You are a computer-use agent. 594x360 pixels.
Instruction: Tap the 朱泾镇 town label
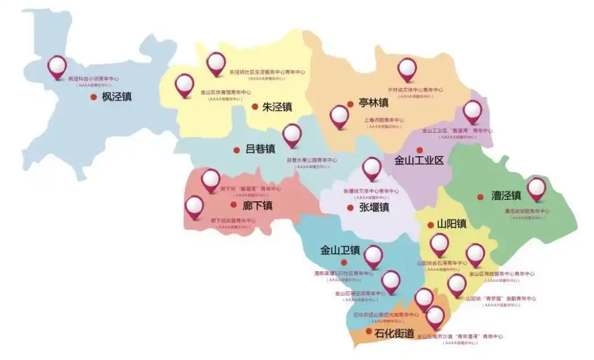(277, 107)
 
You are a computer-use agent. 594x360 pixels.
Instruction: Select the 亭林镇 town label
(373, 103)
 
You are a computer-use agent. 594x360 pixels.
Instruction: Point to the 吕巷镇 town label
(260, 150)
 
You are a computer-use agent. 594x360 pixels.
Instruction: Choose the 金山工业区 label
(419, 160)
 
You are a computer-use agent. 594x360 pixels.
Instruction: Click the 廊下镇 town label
(258, 205)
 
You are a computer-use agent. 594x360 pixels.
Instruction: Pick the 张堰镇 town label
(374, 207)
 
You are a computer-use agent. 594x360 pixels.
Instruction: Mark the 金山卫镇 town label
(340, 250)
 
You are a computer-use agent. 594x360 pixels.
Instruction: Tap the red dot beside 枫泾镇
(94, 97)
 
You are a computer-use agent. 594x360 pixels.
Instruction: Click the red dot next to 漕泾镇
(480, 197)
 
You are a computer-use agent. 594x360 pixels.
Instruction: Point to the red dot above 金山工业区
(419, 150)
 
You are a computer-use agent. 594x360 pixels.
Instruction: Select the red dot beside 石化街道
(369, 331)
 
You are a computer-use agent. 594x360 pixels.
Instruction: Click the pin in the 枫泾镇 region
(57, 67)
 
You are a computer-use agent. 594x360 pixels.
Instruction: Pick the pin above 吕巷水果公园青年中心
(292, 135)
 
